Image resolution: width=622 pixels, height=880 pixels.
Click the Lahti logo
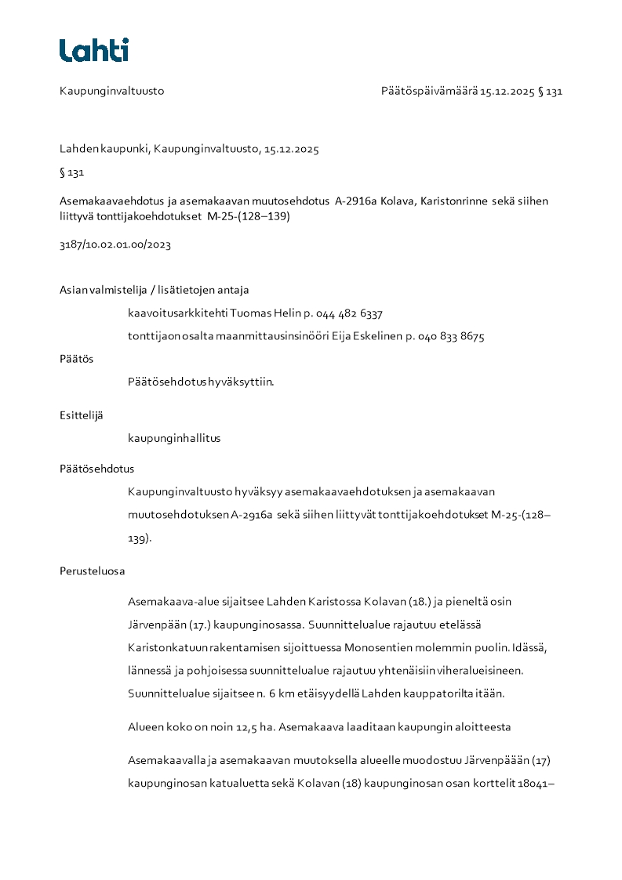[x=94, y=50]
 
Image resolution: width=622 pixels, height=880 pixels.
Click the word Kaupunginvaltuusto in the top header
[x=111, y=91]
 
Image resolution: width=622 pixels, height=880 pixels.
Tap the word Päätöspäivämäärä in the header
[x=429, y=91]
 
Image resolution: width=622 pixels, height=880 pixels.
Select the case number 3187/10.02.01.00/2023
[x=115, y=244]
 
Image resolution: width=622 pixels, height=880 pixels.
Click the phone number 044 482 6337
[x=349, y=313]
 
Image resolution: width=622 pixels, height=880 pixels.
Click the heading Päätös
[x=76, y=359]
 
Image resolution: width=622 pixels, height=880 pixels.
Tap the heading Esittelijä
[x=81, y=415]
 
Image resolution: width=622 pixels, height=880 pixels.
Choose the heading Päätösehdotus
[x=96, y=469]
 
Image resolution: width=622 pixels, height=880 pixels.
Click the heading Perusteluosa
[x=92, y=571]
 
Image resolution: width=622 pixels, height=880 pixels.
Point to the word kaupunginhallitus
[x=174, y=438]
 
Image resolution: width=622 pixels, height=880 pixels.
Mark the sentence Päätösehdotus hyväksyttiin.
[x=201, y=382]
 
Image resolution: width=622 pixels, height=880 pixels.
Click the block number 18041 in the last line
[x=536, y=784]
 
